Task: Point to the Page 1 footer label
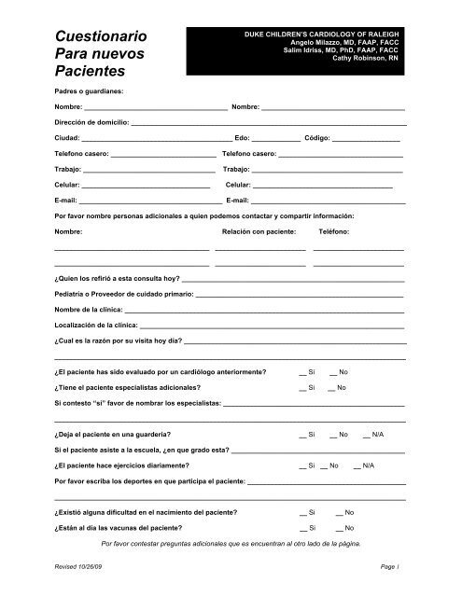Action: coord(390,567)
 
